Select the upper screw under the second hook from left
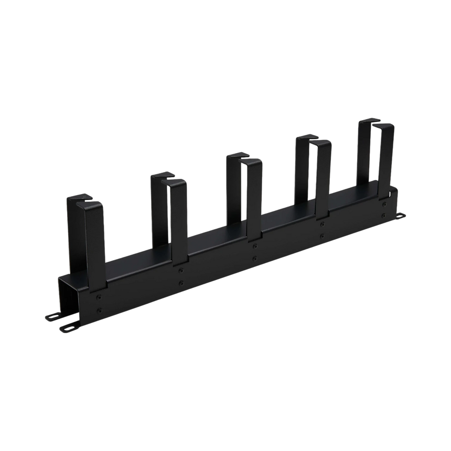click(181, 270)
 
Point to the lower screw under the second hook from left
click(181, 283)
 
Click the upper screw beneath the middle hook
click(254, 245)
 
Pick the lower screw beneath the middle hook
click(254, 259)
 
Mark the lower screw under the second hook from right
click(321, 237)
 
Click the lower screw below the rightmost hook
click(384, 216)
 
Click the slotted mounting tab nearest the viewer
click(67, 328)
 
